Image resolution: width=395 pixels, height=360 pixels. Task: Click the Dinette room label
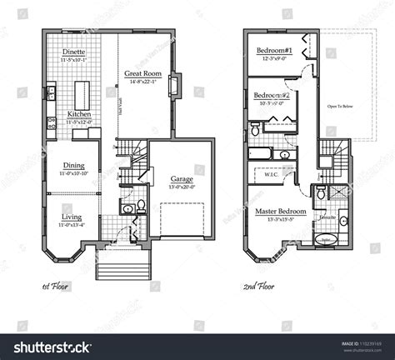point(72,52)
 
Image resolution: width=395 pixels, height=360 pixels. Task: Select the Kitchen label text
point(79,113)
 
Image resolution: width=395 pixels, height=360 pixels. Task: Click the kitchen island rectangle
point(82,91)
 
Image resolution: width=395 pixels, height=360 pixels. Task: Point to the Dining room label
point(73,165)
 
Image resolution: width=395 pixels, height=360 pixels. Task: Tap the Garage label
point(182,179)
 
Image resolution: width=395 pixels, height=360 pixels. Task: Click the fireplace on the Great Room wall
point(174,86)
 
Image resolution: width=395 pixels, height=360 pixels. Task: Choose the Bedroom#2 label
point(271,95)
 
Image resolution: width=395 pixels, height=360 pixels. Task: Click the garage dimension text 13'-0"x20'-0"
point(182,187)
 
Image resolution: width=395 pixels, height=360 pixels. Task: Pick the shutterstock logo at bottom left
point(54,346)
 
